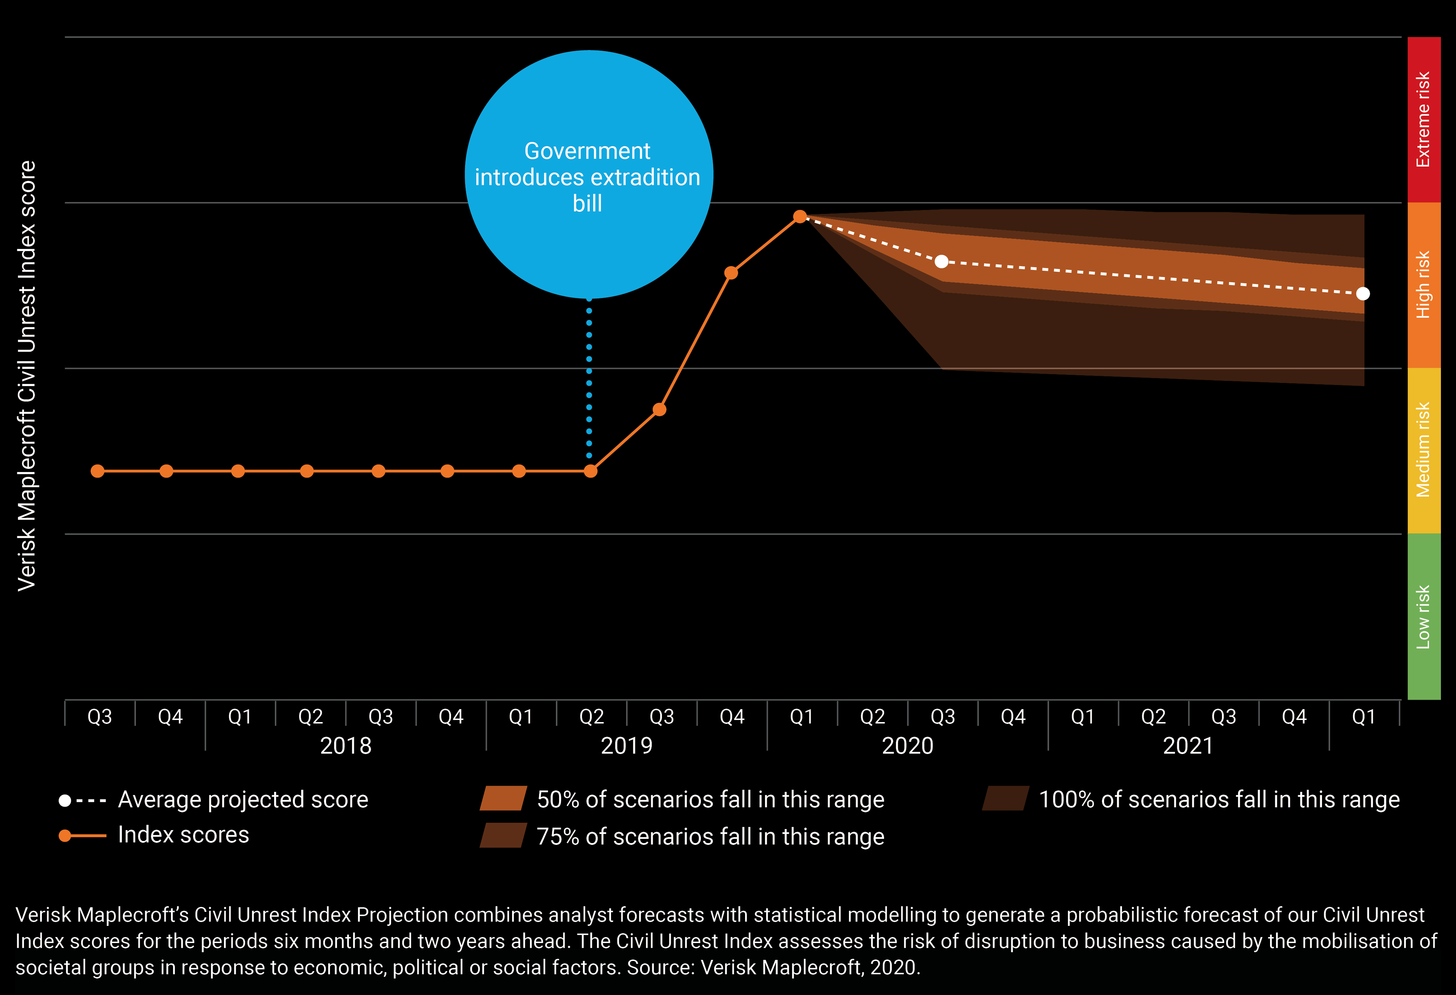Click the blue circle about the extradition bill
click(588, 174)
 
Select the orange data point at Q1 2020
click(800, 217)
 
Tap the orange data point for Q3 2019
click(659, 409)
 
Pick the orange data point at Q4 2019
click(730, 273)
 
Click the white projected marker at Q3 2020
click(942, 262)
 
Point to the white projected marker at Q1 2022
click(1363, 294)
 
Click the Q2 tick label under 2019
click(591, 716)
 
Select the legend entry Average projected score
click(243, 800)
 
